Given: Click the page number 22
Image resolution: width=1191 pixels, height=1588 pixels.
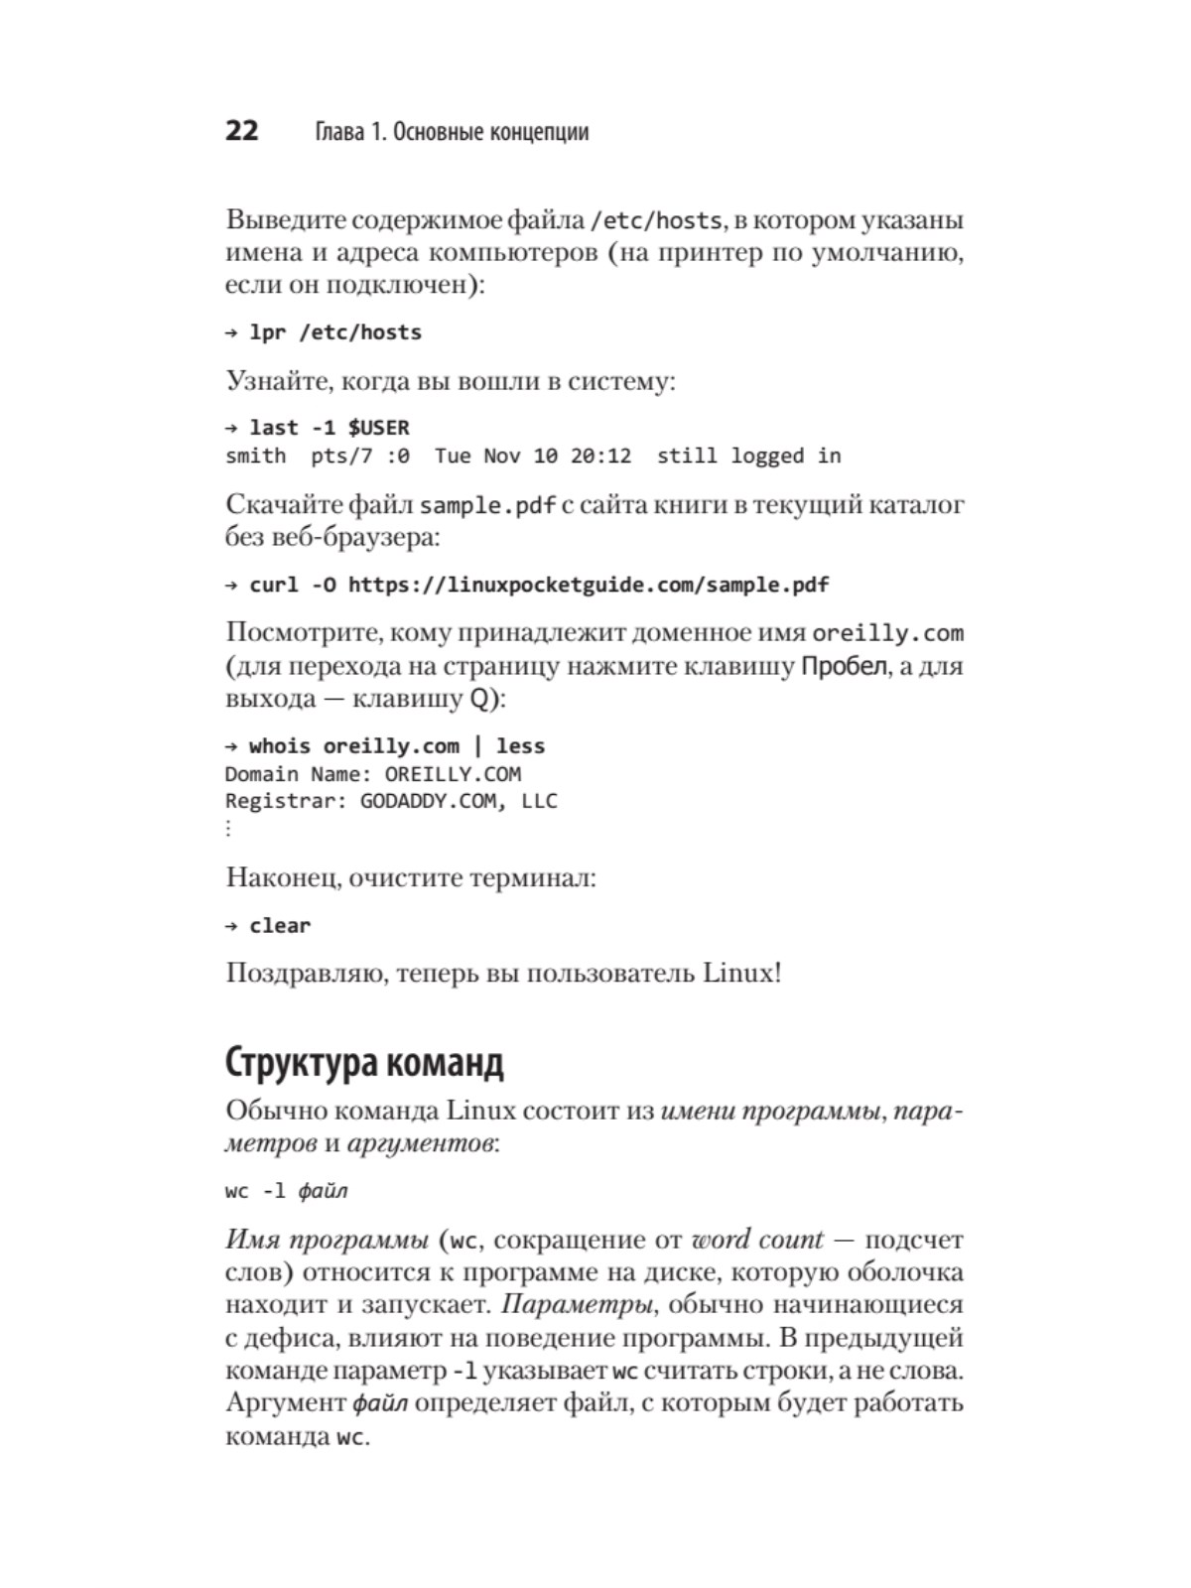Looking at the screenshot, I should tap(242, 131).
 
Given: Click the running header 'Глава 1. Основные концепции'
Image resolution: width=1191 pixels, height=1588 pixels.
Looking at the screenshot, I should tap(452, 132).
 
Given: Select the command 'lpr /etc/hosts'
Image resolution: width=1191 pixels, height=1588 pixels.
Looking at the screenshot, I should tap(335, 332).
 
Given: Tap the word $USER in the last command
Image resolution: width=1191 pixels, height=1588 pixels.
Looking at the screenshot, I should tap(378, 428).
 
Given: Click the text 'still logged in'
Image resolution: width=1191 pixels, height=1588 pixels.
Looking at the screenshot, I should tap(748, 456).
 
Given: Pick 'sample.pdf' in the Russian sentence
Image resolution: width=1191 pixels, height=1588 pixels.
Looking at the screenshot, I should tap(487, 505).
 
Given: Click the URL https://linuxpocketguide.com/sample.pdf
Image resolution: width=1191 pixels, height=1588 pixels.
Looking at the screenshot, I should tap(589, 585).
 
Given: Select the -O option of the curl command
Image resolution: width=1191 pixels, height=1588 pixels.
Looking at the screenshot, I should tap(324, 585).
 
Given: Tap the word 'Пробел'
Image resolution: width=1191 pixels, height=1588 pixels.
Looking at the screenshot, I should tap(844, 666).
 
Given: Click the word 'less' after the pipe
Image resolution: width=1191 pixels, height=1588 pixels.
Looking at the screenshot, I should tap(520, 746).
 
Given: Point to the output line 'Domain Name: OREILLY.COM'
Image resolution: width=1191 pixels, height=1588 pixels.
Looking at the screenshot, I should tap(373, 774).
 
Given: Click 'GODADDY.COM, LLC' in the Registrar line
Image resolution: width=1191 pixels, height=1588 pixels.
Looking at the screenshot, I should tap(459, 801).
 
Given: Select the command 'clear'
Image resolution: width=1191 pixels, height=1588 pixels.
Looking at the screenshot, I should tap(280, 926).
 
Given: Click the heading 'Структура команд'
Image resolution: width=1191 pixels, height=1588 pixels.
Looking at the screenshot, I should tap(364, 1062).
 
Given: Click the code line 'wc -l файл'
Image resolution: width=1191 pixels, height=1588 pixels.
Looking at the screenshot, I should tap(286, 1191).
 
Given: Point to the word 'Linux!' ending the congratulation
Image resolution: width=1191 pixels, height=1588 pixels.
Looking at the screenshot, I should tap(742, 973).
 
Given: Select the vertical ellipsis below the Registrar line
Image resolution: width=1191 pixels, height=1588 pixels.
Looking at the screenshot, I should tap(229, 828).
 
